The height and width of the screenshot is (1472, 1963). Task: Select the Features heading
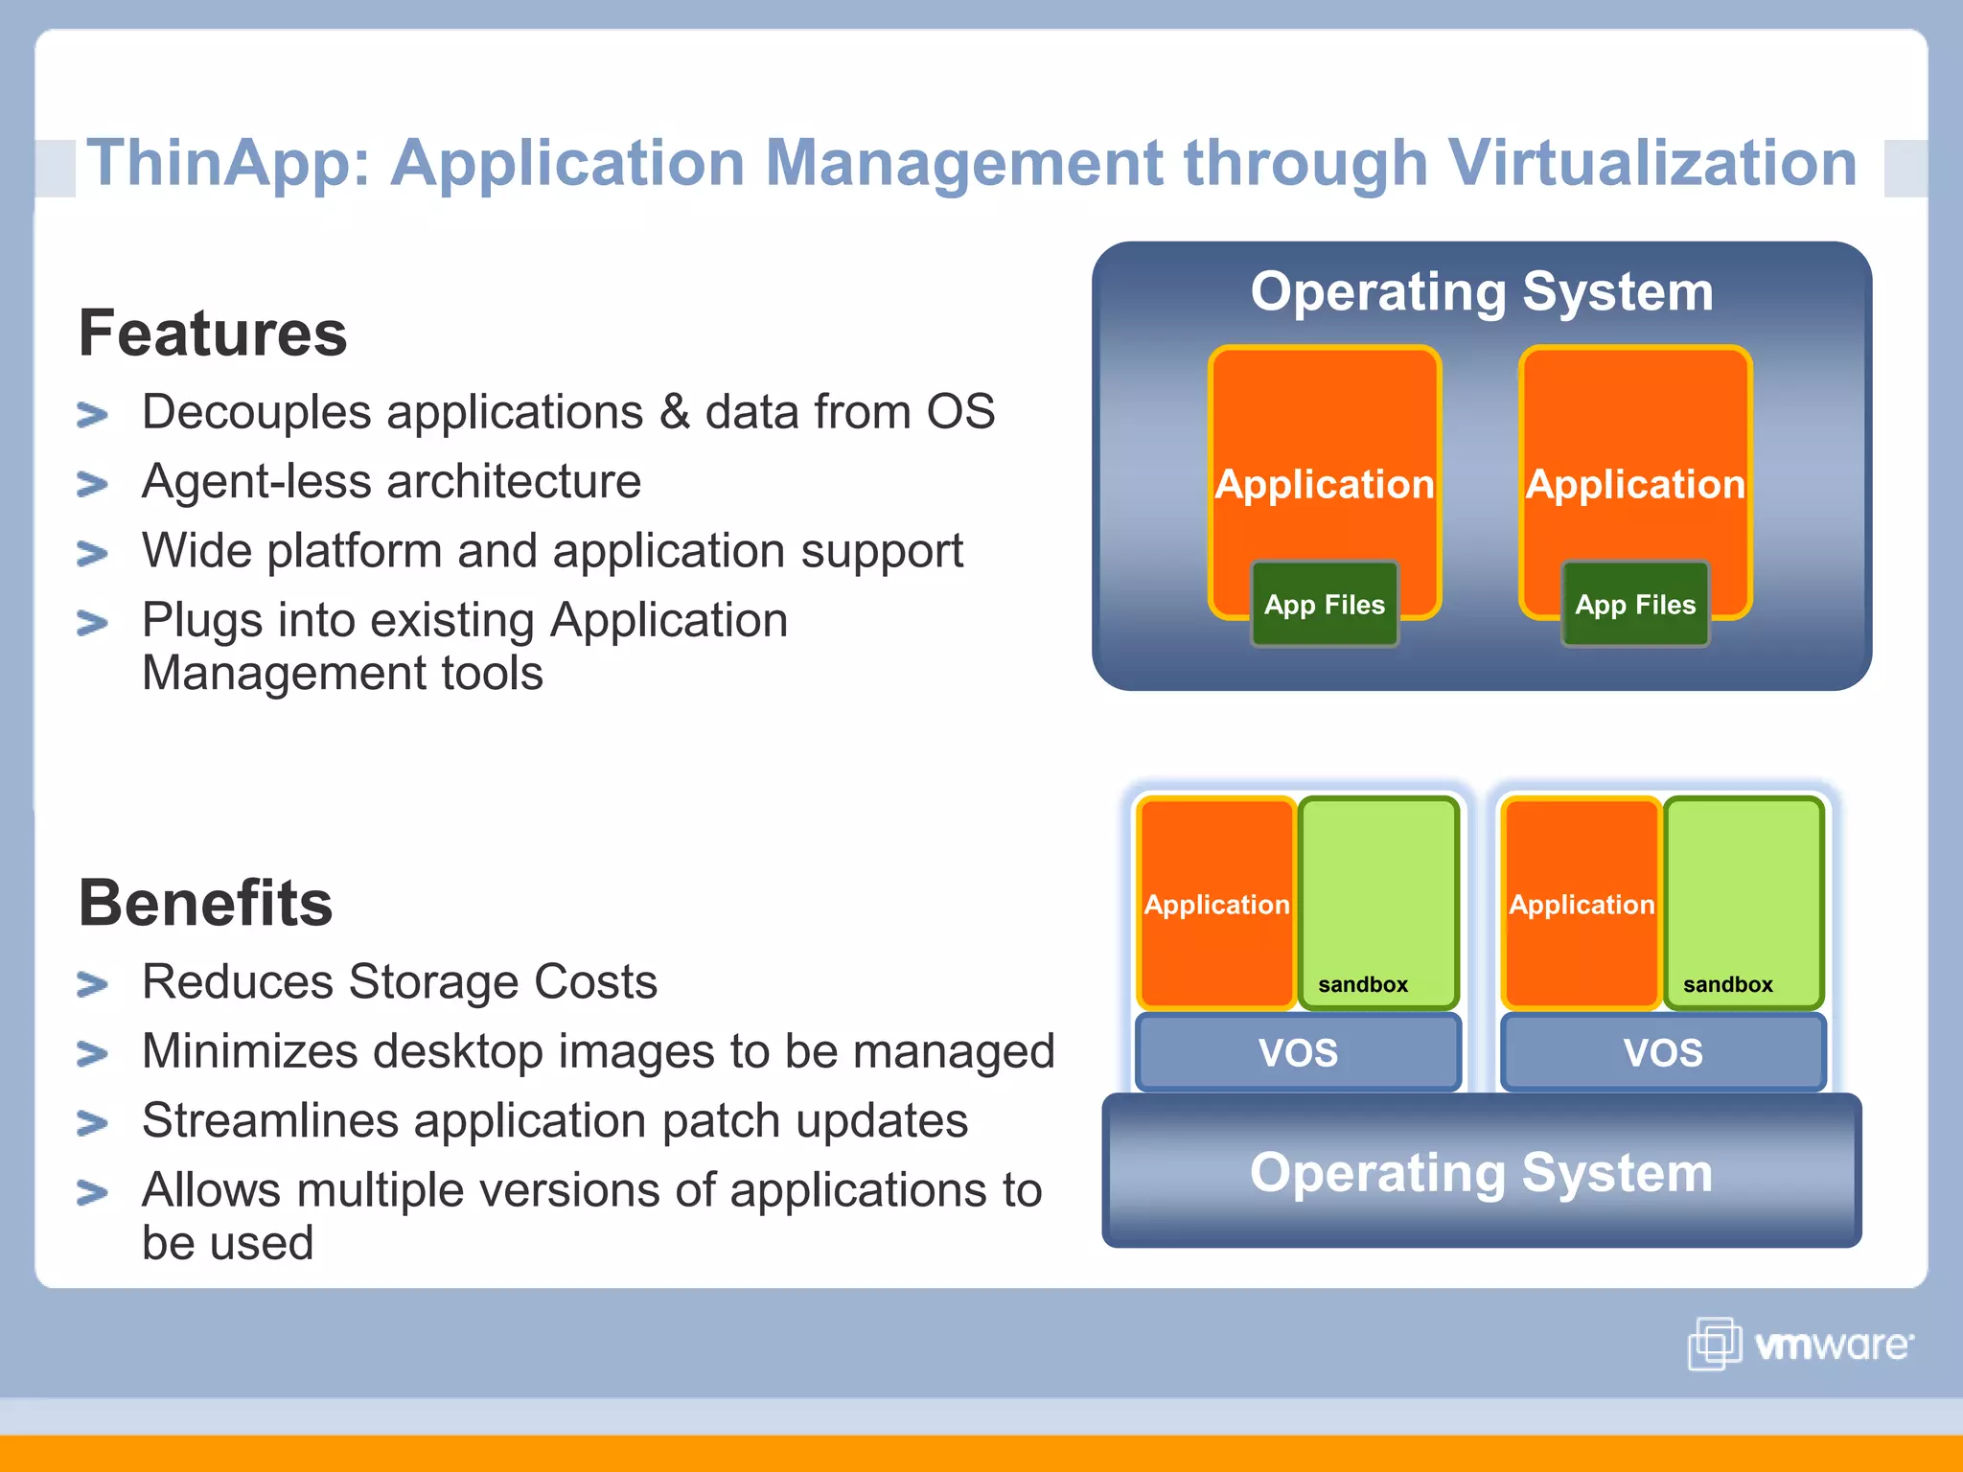coord(213,333)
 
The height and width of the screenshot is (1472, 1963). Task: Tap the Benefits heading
coord(205,903)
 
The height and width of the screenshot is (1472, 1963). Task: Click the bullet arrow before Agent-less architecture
coord(92,484)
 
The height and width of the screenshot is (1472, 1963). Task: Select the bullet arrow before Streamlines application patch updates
coord(92,1122)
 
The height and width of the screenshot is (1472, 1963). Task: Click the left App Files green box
coord(1325,605)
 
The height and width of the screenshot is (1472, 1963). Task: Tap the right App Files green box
coord(1635,605)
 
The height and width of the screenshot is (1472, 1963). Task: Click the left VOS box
coord(1298,1052)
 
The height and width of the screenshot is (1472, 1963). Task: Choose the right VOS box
coord(1663,1052)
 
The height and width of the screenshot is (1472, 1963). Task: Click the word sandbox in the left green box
coord(1363,984)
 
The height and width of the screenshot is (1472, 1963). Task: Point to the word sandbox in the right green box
coord(1727,984)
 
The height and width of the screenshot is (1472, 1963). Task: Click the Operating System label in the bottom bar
coord(1481,1172)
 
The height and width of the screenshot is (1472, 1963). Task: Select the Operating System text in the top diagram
coord(1481,291)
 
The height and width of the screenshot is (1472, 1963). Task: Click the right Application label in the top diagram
coord(1635,484)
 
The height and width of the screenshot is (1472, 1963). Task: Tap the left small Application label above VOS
coord(1216,905)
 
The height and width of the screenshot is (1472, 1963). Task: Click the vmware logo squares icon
coord(1714,1344)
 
